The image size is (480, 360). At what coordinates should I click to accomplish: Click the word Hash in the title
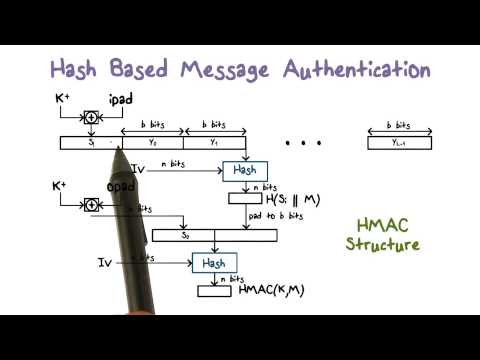(82, 70)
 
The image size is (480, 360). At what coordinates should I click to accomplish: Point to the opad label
(121, 188)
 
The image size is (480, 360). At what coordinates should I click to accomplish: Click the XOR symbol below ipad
(91, 117)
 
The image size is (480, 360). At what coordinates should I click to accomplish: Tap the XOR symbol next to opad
(91, 204)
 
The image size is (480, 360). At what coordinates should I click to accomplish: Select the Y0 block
(153, 142)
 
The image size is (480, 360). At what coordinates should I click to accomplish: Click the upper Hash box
(244, 170)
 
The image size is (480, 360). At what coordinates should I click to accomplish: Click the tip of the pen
(118, 150)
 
